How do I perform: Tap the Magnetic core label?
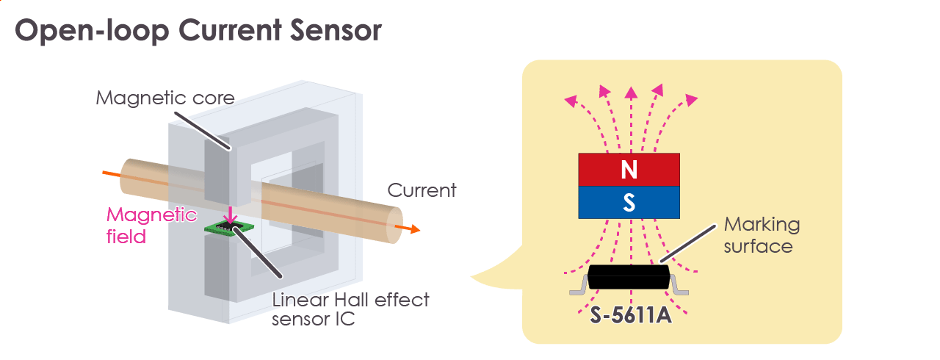(165, 98)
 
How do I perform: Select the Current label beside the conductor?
(422, 191)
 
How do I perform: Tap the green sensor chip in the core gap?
(224, 228)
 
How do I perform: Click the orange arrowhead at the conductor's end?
(415, 230)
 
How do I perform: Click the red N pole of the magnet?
(629, 170)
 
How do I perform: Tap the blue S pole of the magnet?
(629, 202)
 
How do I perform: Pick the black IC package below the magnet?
(629, 278)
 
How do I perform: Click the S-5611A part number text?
(629, 316)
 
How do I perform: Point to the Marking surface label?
(761, 234)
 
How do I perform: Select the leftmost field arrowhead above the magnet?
(569, 100)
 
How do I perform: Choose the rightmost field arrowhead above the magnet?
(690, 99)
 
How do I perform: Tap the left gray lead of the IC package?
(579, 291)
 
